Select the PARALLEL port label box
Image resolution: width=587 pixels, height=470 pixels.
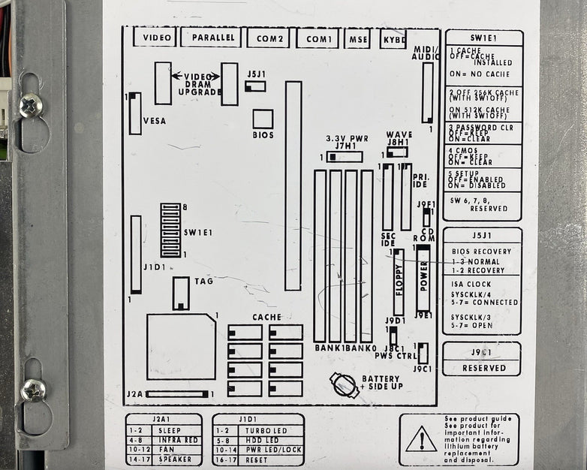click(x=211, y=38)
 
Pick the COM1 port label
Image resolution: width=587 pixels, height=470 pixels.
click(x=318, y=38)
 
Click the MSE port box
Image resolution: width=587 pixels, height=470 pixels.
click(x=357, y=38)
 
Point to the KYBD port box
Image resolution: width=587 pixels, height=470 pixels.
click(x=393, y=38)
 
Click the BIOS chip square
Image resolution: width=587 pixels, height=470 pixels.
click(x=263, y=119)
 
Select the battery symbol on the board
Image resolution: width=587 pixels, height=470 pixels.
click(x=345, y=385)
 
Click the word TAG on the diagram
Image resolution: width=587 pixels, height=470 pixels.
click(x=203, y=282)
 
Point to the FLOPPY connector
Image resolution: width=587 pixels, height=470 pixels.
click(x=399, y=282)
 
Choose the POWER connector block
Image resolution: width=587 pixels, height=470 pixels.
click(x=423, y=277)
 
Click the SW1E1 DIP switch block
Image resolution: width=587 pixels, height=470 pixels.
click(x=170, y=230)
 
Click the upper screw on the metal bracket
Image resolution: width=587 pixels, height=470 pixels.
click(x=31, y=105)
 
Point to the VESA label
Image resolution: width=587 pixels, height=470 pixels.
click(x=155, y=121)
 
